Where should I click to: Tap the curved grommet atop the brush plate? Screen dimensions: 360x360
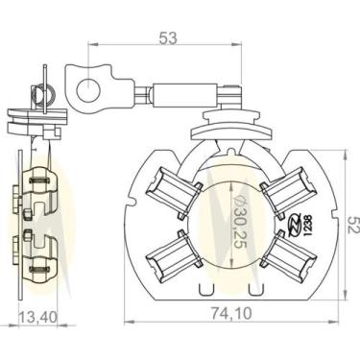229,125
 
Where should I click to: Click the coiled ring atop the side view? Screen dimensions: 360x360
41,93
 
